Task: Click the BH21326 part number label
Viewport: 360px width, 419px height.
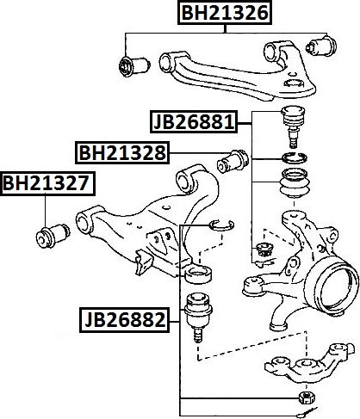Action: tap(225, 13)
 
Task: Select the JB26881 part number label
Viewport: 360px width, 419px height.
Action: tap(194, 121)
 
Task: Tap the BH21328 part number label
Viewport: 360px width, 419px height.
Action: tap(122, 152)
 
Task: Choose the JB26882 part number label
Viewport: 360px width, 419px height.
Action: tap(125, 320)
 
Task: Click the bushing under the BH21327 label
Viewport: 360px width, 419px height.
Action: tap(53, 236)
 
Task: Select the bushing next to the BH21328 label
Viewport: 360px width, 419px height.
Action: tap(233, 161)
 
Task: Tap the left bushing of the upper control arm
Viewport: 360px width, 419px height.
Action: tap(134, 66)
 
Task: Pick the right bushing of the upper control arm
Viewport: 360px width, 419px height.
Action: tap(321, 46)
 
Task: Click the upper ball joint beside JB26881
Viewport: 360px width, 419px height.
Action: tap(293, 126)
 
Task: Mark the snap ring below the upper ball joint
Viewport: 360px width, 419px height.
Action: tap(295, 158)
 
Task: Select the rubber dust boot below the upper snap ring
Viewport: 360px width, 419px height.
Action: tap(295, 183)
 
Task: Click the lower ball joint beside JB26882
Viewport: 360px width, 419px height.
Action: tap(198, 317)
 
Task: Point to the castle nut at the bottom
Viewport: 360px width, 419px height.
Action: tap(307, 397)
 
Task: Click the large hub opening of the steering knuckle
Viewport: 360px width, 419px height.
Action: tap(334, 287)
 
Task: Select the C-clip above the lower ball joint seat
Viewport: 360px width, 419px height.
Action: tap(221, 225)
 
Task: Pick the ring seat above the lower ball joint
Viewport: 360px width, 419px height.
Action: tap(198, 274)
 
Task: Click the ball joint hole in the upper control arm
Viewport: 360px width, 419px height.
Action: tap(293, 83)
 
